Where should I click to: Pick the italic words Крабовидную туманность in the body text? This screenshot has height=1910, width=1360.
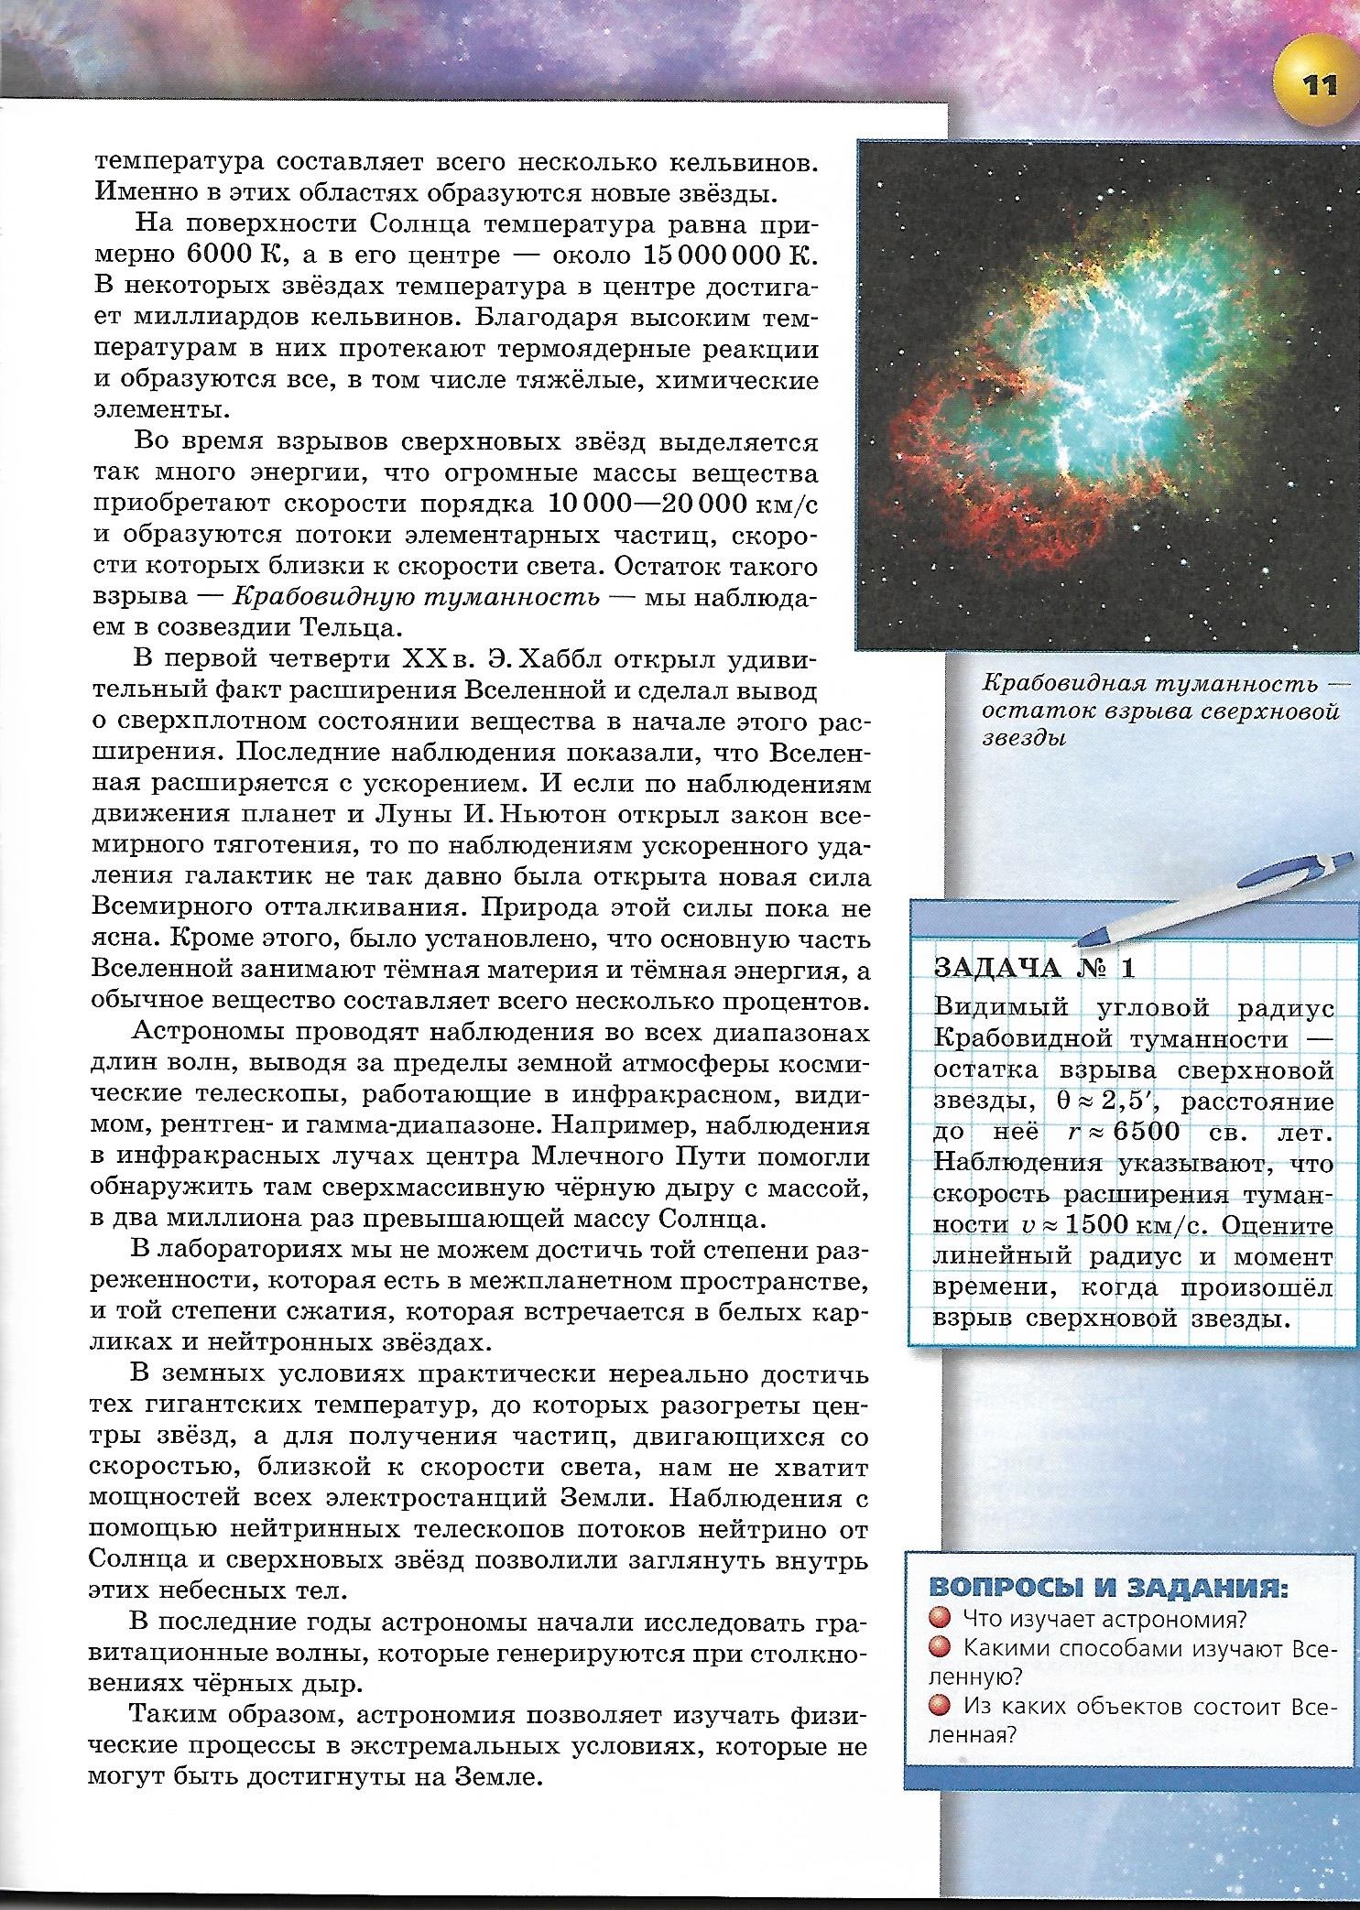(x=417, y=597)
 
